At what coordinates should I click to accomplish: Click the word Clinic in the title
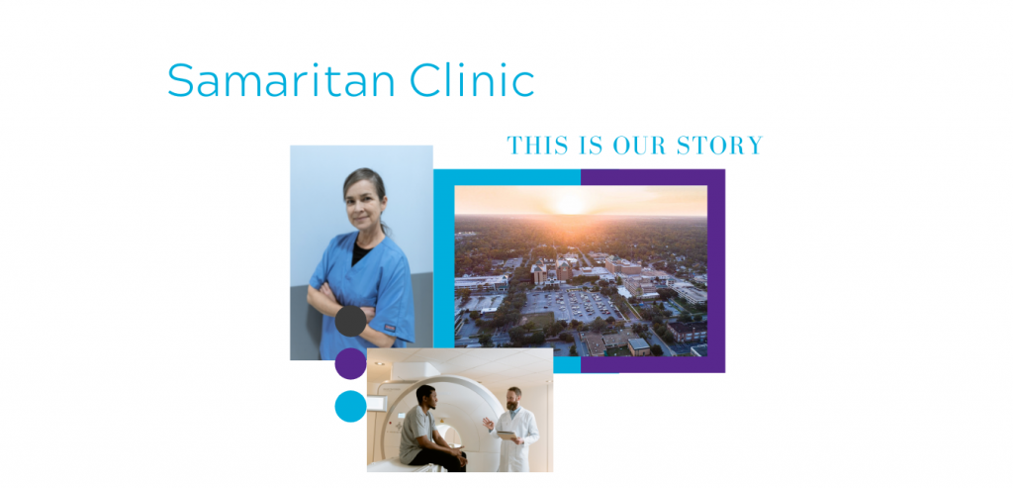point(472,79)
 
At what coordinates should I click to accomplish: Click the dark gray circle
point(351,322)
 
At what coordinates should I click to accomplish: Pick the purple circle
point(351,364)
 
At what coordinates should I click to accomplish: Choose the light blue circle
point(351,407)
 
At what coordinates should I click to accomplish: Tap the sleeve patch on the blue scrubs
point(390,328)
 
